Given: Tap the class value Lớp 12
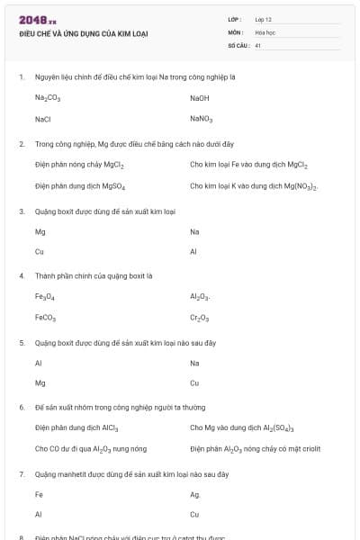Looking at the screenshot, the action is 263,19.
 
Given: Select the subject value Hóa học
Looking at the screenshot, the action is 265,31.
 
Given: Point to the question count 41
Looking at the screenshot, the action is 257,44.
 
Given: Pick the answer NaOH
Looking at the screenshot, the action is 199,97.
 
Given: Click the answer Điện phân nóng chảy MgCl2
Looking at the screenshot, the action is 79,165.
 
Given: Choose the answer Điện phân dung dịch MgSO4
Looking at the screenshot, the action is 80,186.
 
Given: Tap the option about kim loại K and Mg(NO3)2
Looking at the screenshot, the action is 254,186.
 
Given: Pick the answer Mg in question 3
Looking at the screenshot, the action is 40,231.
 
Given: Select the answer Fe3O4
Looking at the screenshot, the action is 45,296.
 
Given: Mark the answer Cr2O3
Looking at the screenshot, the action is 200,318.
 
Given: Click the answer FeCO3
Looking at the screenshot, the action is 46,318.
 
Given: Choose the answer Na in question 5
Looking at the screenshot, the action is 194,363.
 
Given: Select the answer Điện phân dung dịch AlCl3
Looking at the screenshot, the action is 76,427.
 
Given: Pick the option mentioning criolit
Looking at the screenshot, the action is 255,448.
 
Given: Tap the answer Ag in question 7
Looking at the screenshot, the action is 194,494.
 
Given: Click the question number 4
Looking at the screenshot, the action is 22,275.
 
